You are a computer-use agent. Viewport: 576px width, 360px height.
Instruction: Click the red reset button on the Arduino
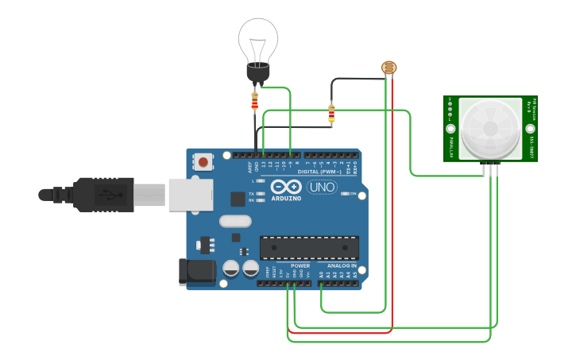(203, 162)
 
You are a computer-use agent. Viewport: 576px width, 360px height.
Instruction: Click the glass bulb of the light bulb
(258, 40)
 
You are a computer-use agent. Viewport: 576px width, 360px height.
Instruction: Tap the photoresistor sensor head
(389, 68)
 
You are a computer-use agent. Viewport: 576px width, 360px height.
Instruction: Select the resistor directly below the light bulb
(254, 101)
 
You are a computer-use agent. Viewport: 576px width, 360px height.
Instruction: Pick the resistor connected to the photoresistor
(331, 114)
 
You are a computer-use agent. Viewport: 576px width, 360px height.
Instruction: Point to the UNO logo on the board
(322, 188)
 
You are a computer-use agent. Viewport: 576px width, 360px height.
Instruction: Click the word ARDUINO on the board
(285, 199)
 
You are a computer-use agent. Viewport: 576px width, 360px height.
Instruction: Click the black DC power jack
(196, 272)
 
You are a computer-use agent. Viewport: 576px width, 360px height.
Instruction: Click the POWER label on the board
(300, 265)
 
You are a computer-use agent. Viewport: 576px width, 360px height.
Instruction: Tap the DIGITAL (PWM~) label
(319, 172)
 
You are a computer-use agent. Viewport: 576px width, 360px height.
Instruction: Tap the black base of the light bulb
(257, 74)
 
